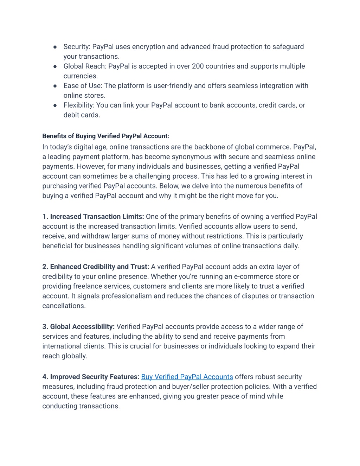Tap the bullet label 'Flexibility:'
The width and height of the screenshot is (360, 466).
pos(79,105)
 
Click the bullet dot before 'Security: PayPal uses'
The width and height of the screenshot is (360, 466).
pos(55,47)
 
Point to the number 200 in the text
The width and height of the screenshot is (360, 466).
pos(198,66)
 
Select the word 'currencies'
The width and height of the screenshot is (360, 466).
pos(80,76)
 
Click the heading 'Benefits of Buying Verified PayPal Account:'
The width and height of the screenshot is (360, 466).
pos(106,136)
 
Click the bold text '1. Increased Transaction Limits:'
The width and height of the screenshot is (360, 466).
pos(93,217)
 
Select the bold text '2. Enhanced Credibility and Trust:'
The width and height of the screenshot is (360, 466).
pos(96,267)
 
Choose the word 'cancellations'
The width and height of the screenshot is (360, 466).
pos(63,306)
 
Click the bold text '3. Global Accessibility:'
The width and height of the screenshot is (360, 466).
pos(78,327)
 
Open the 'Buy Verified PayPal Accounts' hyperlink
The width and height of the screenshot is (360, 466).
pos(187,377)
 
